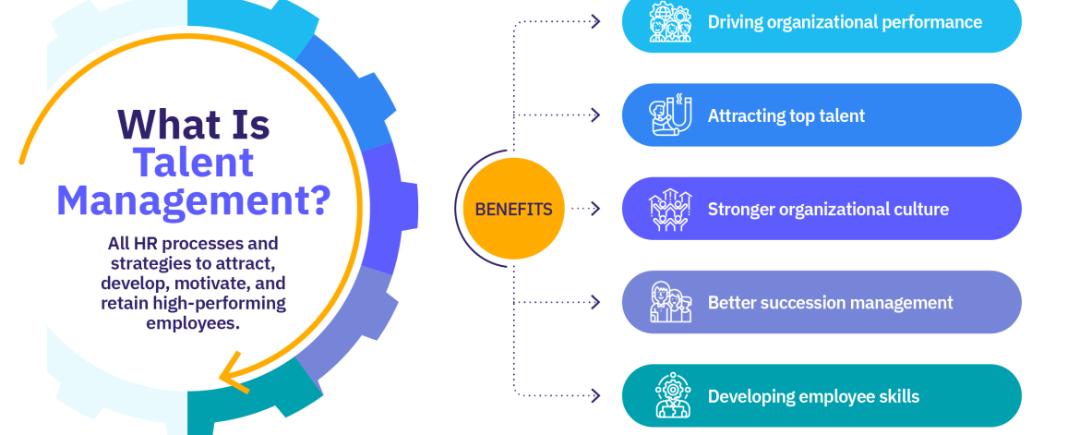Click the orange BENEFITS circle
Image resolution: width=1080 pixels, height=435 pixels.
coord(513,210)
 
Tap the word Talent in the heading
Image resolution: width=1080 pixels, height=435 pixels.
coord(193,162)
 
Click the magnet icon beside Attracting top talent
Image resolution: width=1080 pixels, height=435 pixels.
coord(670,115)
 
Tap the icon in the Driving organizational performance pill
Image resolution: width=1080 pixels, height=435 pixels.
coord(670,22)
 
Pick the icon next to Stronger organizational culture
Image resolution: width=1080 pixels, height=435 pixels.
coord(670,210)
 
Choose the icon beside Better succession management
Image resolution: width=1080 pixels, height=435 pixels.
coord(670,303)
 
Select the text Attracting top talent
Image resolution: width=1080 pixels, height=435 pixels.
coord(786,115)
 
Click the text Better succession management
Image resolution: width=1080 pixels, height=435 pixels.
coord(830,303)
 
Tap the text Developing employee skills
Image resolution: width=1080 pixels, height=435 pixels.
coord(813,396)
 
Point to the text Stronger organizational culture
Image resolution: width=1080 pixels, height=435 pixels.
coord(828,210)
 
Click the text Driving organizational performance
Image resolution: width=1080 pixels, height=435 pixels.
coord(845,22)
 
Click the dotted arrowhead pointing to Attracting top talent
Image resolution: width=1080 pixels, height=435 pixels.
coord(595,115)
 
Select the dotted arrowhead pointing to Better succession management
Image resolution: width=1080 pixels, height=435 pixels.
coord(595,303)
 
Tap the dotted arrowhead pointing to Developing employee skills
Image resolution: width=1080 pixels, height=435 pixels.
coord(595,396)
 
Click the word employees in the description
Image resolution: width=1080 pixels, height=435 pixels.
coord(192,323)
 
